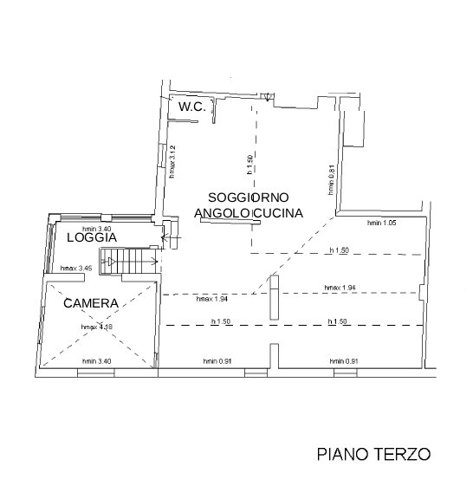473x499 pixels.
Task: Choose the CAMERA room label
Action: (91, 303)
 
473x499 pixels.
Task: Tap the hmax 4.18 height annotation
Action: (97, 327)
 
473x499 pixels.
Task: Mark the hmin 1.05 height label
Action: (382, 224)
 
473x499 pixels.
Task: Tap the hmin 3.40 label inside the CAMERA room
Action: (97, 360)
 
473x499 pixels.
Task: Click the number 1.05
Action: (390, 224)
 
